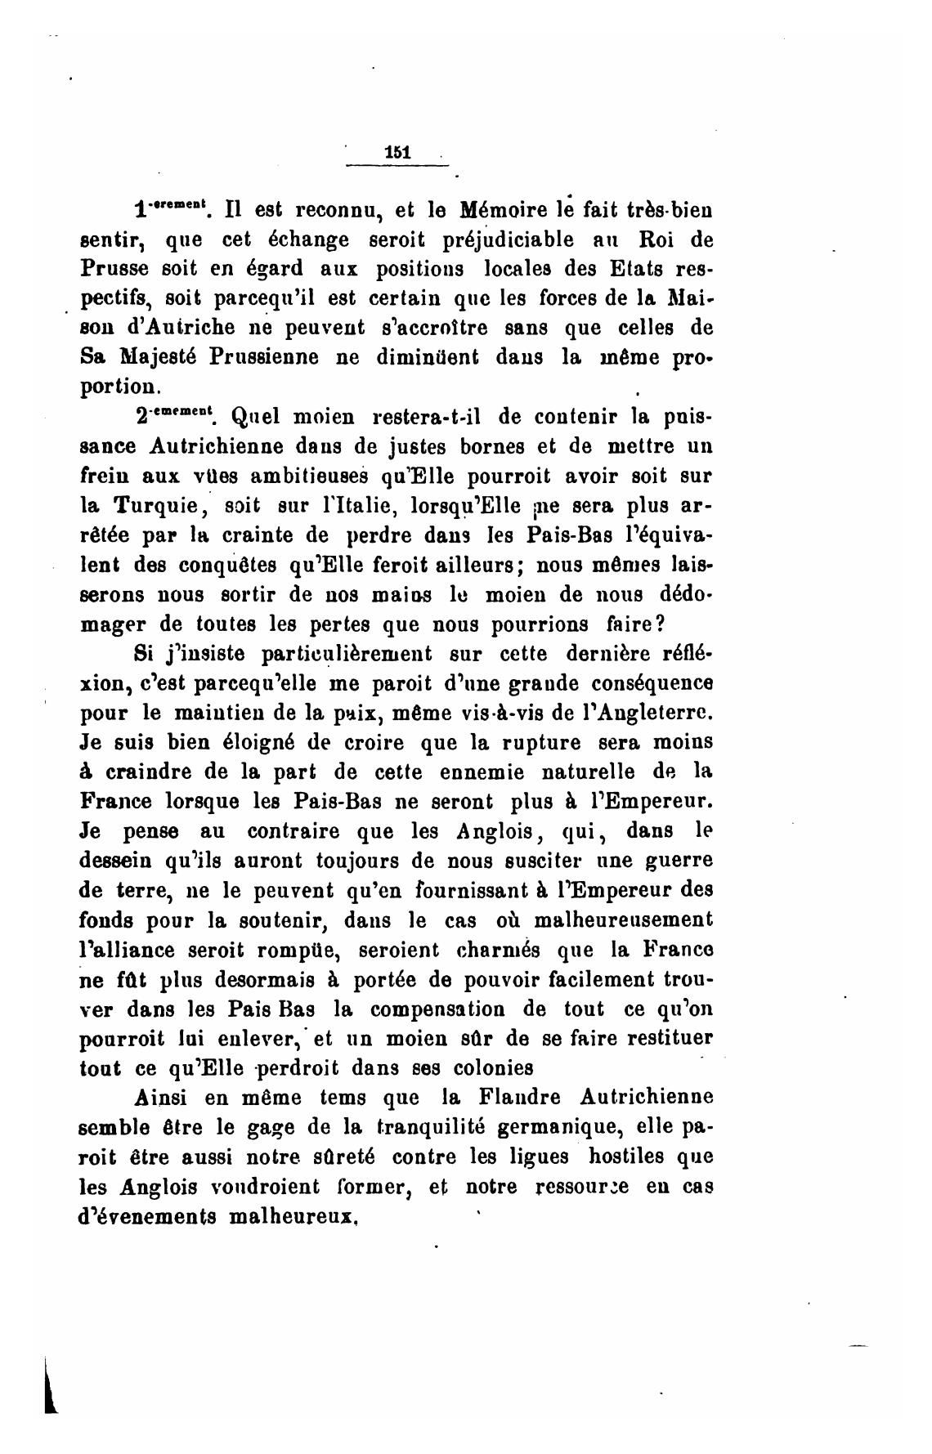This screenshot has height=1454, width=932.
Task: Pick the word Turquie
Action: (155, 506)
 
